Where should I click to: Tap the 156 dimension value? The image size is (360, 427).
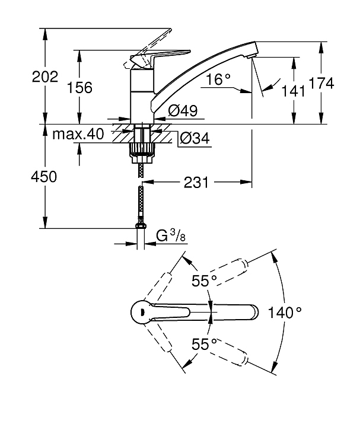coord(80,88)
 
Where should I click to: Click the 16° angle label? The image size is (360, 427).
coord(218,79)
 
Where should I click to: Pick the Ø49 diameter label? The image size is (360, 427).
coord(182,110)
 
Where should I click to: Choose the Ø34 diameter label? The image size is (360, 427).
coord(193,139)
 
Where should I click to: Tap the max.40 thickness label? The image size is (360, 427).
coord(78,135)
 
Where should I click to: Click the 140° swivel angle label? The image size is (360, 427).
coord(285,312)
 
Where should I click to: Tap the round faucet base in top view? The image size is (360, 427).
coord(141,312)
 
